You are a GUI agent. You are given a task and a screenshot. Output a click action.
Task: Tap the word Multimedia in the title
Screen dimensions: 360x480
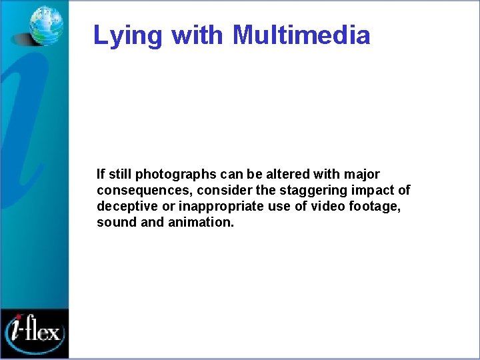[301, 35]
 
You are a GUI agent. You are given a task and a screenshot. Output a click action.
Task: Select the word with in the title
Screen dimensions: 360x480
[198, 35]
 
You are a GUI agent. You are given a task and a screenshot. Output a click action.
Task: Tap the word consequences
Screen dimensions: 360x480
[136, 191]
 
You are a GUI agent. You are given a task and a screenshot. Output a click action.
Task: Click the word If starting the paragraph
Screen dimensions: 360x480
[101, 175]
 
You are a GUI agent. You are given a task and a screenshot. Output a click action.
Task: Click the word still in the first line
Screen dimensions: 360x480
[119, 175]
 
